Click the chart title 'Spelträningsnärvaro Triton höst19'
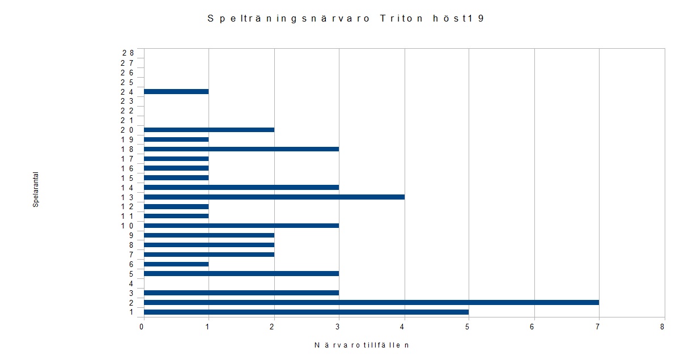pos(346,19)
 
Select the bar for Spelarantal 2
pos(371,302)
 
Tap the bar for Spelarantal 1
pos(306,312)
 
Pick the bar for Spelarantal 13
pos(274,197)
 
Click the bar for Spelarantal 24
pos(176,91)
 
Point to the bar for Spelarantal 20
pos(209,130)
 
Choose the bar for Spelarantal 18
pos(241,149)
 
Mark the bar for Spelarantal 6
pos(176,264)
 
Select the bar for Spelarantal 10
pos(241,226)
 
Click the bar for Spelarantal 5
pos(241,273)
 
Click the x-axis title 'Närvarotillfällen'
pos(362,345)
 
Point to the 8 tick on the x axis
pos(662,327)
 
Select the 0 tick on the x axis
pos(142,327)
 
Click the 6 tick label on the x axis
pos(533,327)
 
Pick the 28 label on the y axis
pos(127,53)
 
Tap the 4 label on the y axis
pos(131,283)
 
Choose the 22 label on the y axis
pos(127,111)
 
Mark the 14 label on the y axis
pos(127,188)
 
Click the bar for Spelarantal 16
pos(176,168)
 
